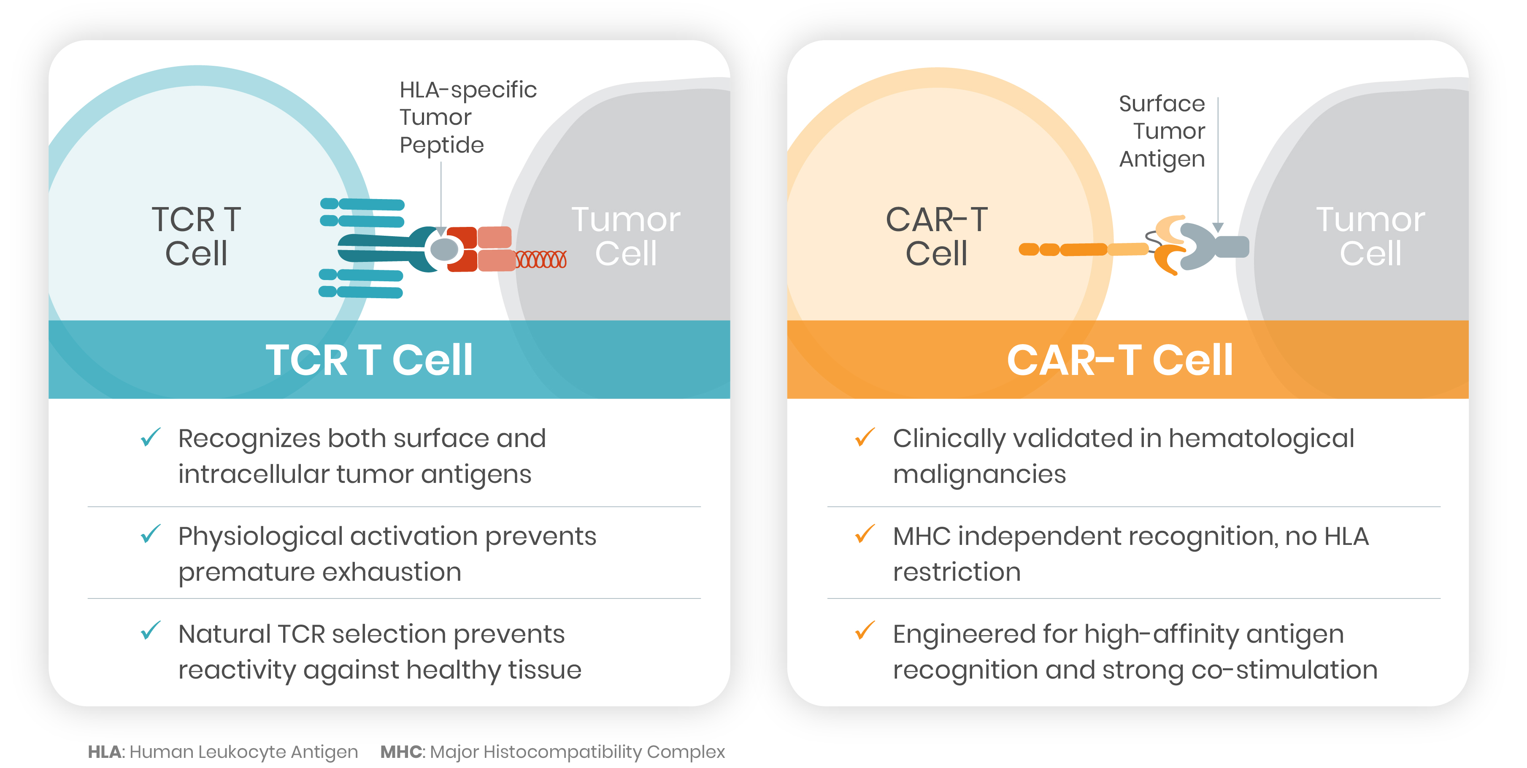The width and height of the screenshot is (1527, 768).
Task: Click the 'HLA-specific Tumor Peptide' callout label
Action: tap(467, 117)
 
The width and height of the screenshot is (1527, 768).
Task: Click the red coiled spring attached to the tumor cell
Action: tap(541, 259)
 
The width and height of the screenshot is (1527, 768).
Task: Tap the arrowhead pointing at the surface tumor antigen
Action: tap(1218, 228)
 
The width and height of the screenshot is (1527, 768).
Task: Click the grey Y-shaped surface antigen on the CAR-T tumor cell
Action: tap(1209, 246)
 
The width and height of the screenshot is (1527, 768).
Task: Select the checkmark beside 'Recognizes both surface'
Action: tap(151, 437)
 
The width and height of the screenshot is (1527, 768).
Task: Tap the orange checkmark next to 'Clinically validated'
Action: tap(865, 437)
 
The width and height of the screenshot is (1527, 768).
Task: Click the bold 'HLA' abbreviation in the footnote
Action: tap(104, 752)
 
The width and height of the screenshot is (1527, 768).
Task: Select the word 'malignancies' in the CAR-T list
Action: tap(979, 474)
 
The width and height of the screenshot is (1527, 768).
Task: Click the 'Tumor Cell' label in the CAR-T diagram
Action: tap(1370, 237)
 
